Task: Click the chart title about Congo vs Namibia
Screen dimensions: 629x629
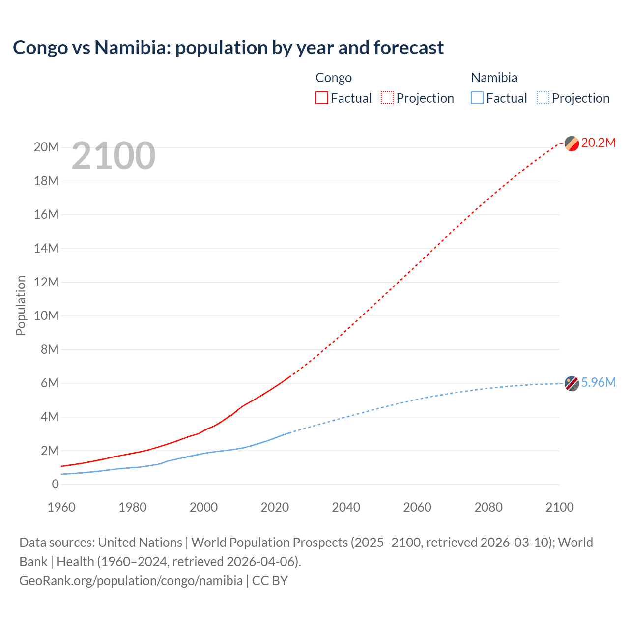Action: pos(228,48)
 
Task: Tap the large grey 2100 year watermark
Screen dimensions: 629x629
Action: pos(114,156)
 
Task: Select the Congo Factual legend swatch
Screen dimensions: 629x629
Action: pos(322,98)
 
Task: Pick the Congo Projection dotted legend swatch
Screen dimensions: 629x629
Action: pos(387,98)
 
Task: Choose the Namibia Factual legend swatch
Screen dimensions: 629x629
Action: pos(477,98)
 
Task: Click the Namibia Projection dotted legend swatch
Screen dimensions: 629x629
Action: pos(543,98)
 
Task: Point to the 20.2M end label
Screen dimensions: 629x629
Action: pos(598,143)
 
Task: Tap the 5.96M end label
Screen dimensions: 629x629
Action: pos(598,382)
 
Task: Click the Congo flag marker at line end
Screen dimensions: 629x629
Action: pos(572,143)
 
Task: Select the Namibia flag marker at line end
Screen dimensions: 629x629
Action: pos(572,383)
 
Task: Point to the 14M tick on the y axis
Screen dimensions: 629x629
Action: pos(46,248)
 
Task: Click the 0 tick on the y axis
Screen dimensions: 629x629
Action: pos(55,484)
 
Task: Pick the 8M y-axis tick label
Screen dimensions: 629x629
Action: pos(49,349)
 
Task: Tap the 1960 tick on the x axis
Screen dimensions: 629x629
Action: pos(61,507)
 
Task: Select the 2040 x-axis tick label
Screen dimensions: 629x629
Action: pos(346,507)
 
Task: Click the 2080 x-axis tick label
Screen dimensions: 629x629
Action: pos(488,507)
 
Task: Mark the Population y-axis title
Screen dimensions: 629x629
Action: pos(21,305)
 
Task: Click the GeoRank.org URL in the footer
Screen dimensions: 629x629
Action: pos(131,581)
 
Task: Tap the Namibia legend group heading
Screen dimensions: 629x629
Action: pos(494,78)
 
